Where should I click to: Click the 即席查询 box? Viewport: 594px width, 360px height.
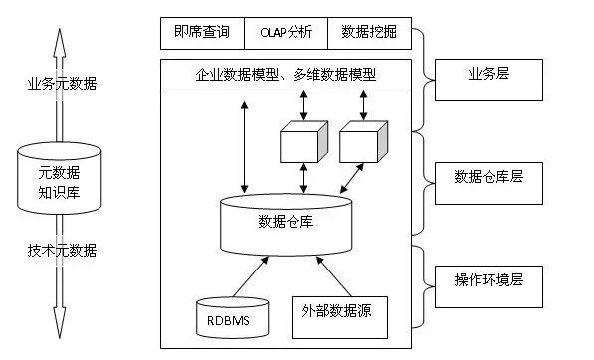coord(202,32)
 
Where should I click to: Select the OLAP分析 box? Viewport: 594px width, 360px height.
coord(287,32)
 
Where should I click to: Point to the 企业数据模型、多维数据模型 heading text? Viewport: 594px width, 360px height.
coord(285,75)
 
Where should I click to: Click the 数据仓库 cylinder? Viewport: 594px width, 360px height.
coord(286,221)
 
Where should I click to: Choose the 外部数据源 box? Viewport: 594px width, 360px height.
coord(337,311)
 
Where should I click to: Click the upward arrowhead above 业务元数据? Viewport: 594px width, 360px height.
coord(59,35)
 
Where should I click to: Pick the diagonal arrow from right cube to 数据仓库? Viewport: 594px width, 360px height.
coord(347,180)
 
